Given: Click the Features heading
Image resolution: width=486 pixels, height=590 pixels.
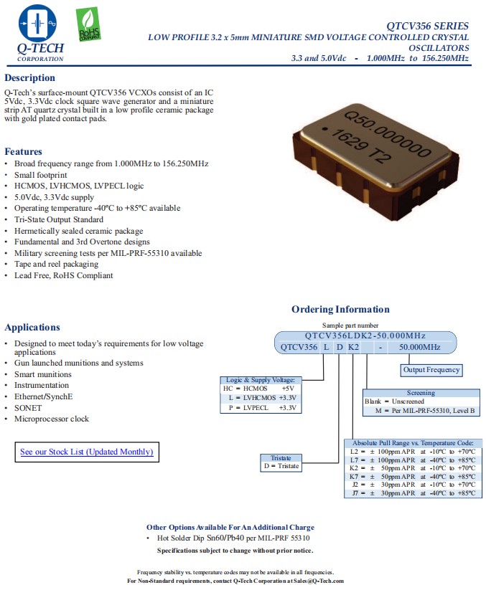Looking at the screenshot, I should (x=24, y=151).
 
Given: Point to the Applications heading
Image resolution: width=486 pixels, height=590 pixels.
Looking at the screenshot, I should (x=32, y=328).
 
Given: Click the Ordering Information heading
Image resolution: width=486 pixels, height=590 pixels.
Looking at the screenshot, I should (x=340, y=310).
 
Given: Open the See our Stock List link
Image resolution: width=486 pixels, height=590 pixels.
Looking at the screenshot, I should (x=86, y=452).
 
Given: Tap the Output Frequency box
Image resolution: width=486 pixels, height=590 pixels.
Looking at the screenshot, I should (x=431, y=370).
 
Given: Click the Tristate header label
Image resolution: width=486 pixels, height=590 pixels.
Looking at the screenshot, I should (x=281, y=457).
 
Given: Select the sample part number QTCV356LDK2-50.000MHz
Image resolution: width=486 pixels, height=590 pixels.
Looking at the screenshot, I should (x=365, y=336).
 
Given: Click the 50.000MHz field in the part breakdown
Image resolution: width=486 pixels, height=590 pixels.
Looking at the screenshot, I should (x=421, y=347).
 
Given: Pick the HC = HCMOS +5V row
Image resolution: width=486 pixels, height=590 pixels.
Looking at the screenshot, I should (x=260, y=388).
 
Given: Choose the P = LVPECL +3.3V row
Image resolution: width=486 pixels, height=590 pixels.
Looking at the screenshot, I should (x=260, y=407).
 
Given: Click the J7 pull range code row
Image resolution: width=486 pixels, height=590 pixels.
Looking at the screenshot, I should (x=413, y=493).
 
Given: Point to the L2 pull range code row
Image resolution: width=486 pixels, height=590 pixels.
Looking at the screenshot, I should (x=413, y=452).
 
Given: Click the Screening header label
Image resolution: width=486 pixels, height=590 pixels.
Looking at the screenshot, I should (x=421, y=393).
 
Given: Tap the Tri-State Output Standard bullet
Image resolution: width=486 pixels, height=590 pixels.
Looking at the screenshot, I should (x=58, y=219).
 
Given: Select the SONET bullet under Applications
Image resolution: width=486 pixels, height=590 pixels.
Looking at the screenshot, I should (x=28, y=408).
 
